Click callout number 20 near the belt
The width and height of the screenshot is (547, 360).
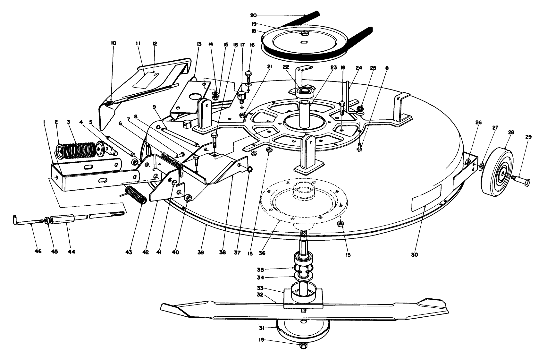click(x=253, y=15)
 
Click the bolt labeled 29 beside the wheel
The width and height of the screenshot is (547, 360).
click(x=521, y=181)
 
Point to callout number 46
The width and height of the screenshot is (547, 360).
click(x=38, y=252)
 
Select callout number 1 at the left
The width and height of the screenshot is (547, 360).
click(x=44, y=122)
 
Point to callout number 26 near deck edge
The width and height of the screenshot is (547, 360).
click(x=478, y=122)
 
